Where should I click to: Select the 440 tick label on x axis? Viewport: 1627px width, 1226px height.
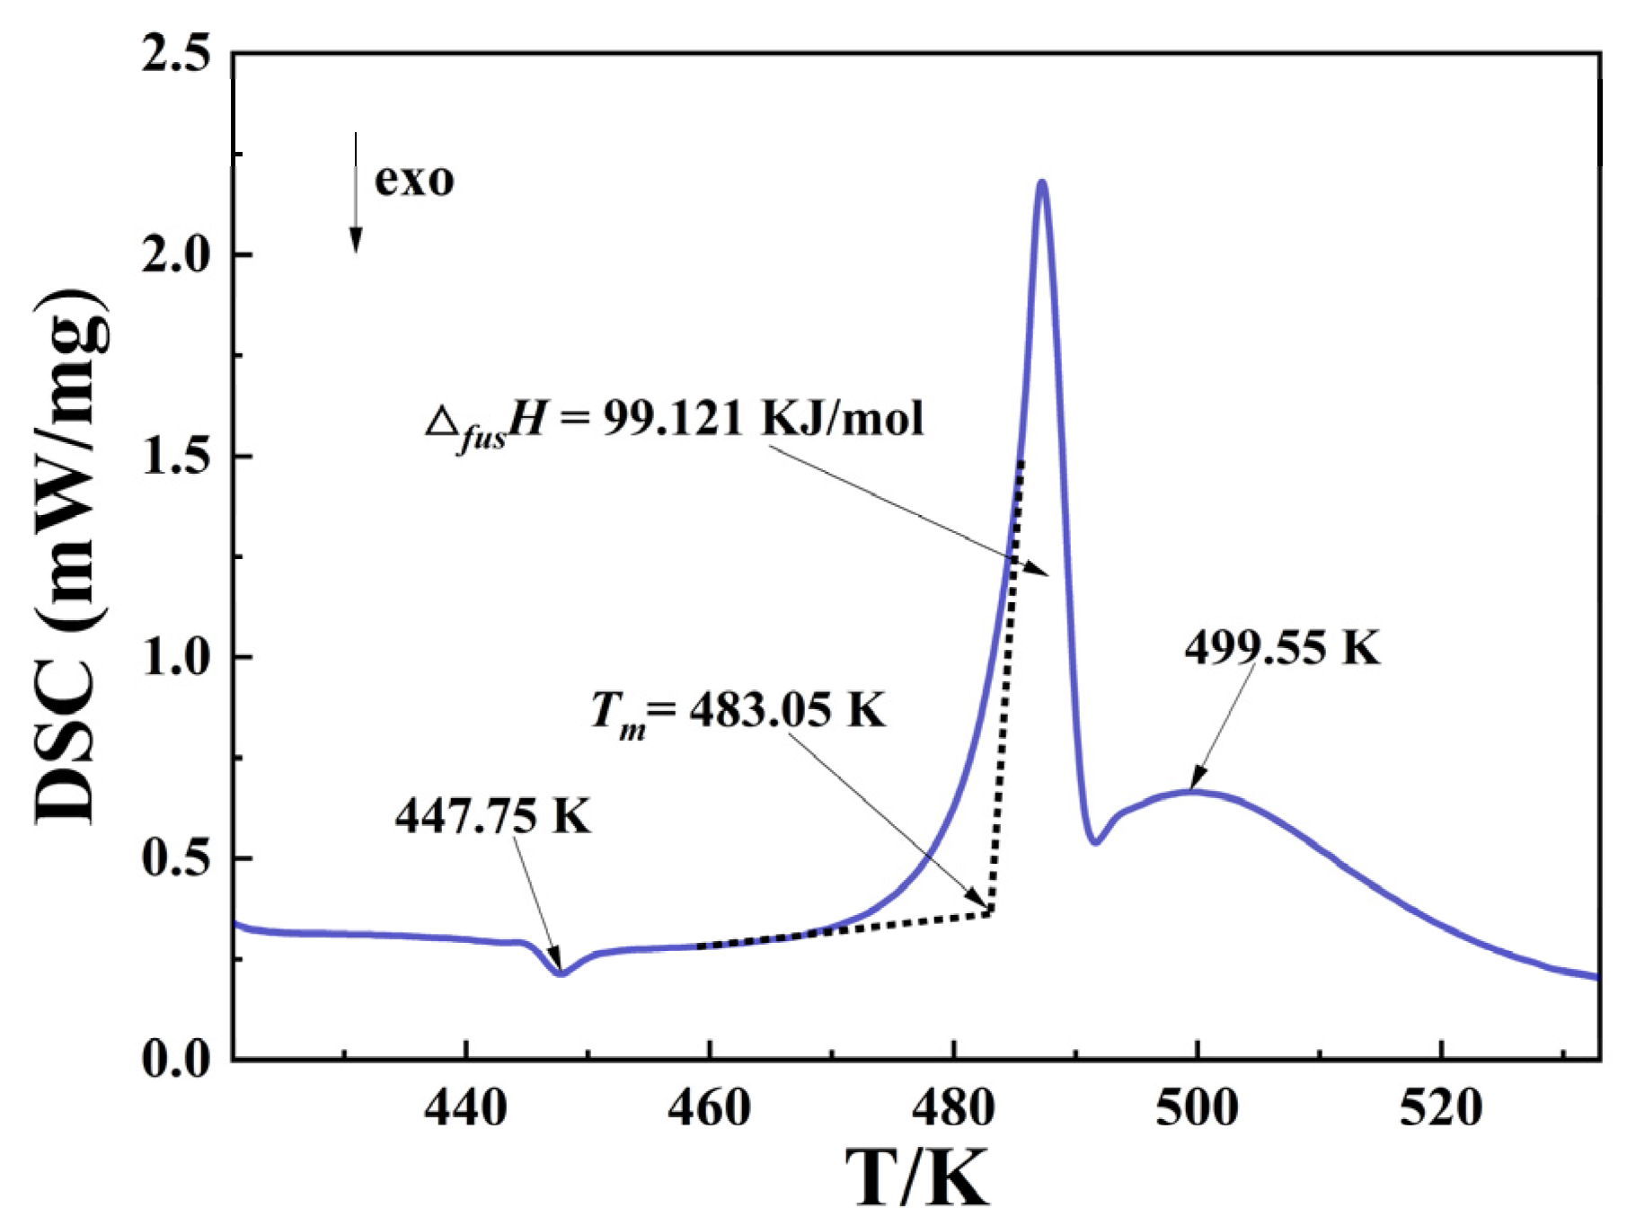[x=465, y=1107]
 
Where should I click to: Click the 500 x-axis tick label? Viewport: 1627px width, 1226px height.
[x=1197, y=1107]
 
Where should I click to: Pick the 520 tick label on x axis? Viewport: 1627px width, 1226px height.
[x=1441, y=1107]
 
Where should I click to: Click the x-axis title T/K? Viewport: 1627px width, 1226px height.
[x=917, y=1177]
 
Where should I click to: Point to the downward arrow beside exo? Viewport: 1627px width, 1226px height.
[x=356, y=193]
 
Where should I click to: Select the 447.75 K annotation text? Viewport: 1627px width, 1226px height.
[x=492, y=816]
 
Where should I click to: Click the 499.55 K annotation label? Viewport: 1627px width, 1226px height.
[x=1281, y=647]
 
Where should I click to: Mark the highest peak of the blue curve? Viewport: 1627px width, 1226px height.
[x=1042, y=182]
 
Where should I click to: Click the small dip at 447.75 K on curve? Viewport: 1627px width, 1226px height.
[x=561, y=973]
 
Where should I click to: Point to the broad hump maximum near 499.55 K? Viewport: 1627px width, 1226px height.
[x=1193, y=792]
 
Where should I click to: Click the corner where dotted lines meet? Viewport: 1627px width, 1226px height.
[x=990, y=913]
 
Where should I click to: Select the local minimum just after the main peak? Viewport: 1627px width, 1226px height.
[x=1095, y=842]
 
